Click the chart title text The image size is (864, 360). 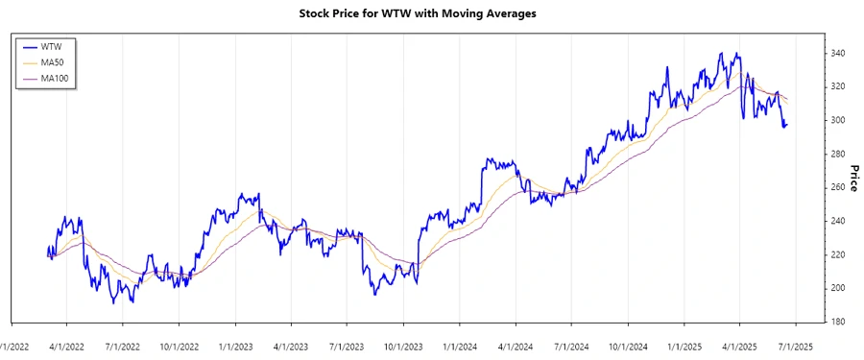tap(432, 13)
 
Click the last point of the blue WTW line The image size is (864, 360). tap(787, 124)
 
